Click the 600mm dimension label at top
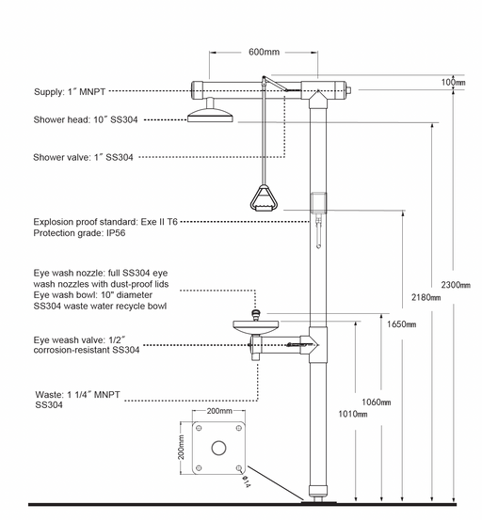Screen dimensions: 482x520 click(264, 52)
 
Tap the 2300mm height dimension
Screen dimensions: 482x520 click(456, 285)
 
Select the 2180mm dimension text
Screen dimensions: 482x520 click(426, 297)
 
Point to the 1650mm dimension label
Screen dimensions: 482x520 click(401, 323)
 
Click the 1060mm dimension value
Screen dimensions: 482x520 click(377, 402)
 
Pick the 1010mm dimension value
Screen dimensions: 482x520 click(352, 414)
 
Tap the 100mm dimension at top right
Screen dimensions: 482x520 click(453, 82)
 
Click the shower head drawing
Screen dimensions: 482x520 click(210, 111)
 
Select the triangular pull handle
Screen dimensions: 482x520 click(264, 198)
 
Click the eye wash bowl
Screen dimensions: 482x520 click(255, 327)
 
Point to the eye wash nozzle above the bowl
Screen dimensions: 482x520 click(256, 314)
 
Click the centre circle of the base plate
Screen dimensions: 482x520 click(218, 448)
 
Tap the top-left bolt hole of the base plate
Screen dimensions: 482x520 click(199, 428)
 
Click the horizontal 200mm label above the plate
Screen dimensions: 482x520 click(219, 411)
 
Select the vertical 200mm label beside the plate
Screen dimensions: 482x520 click(181, 448)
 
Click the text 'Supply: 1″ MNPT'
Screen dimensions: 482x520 click(70, 92)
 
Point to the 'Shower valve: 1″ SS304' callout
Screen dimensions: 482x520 click(83, 157)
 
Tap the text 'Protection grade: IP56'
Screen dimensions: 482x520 click(79, 233)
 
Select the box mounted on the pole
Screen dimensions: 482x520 click(318, 202)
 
